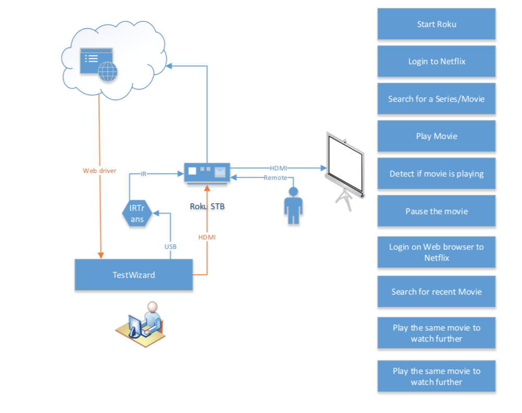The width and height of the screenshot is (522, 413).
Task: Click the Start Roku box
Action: coord(436,24)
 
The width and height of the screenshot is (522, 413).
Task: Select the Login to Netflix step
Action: coord(436,61)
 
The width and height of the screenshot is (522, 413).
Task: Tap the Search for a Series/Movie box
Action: coord(436,99)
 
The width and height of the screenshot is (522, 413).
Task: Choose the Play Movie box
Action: coord(436,136)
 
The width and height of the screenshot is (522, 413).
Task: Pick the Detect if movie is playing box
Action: coord(436,174)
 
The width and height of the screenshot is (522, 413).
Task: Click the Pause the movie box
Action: coord(436,211)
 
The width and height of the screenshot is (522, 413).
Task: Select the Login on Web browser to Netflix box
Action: coord(436,252)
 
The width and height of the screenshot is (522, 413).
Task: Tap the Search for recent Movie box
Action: coord(436,292)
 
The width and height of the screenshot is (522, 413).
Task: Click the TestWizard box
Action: coord(134,274)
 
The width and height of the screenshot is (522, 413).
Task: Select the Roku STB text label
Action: coord(207,207)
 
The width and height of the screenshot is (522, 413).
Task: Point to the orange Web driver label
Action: coord(100,170)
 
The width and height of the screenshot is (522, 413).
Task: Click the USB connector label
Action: coord(170,246)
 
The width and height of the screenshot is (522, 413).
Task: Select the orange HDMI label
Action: coord(207,237)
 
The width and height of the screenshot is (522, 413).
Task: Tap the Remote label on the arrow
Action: coord(275,178)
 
